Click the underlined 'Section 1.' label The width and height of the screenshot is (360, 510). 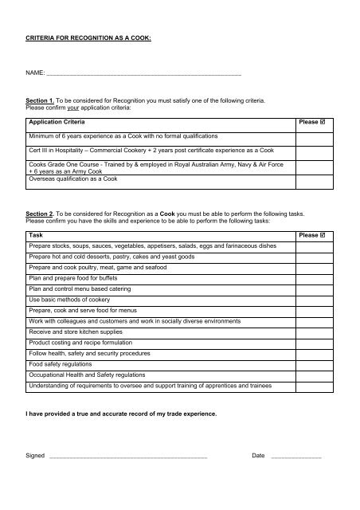tap(42, 102)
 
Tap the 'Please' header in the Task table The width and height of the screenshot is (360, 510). tap(307, 237)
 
